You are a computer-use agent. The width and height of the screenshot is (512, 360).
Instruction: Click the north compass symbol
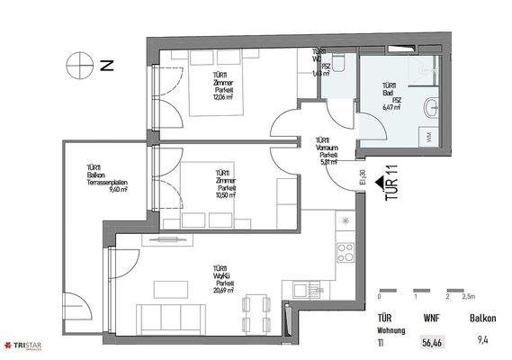[x=77, y=64]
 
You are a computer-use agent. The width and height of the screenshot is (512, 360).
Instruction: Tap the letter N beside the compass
[x=106, y=65]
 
